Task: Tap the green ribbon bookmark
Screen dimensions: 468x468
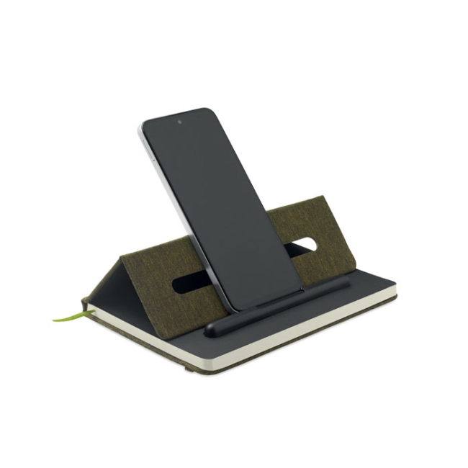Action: [x=69, y=315]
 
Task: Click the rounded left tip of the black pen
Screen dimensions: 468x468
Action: [x=210, y=330]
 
